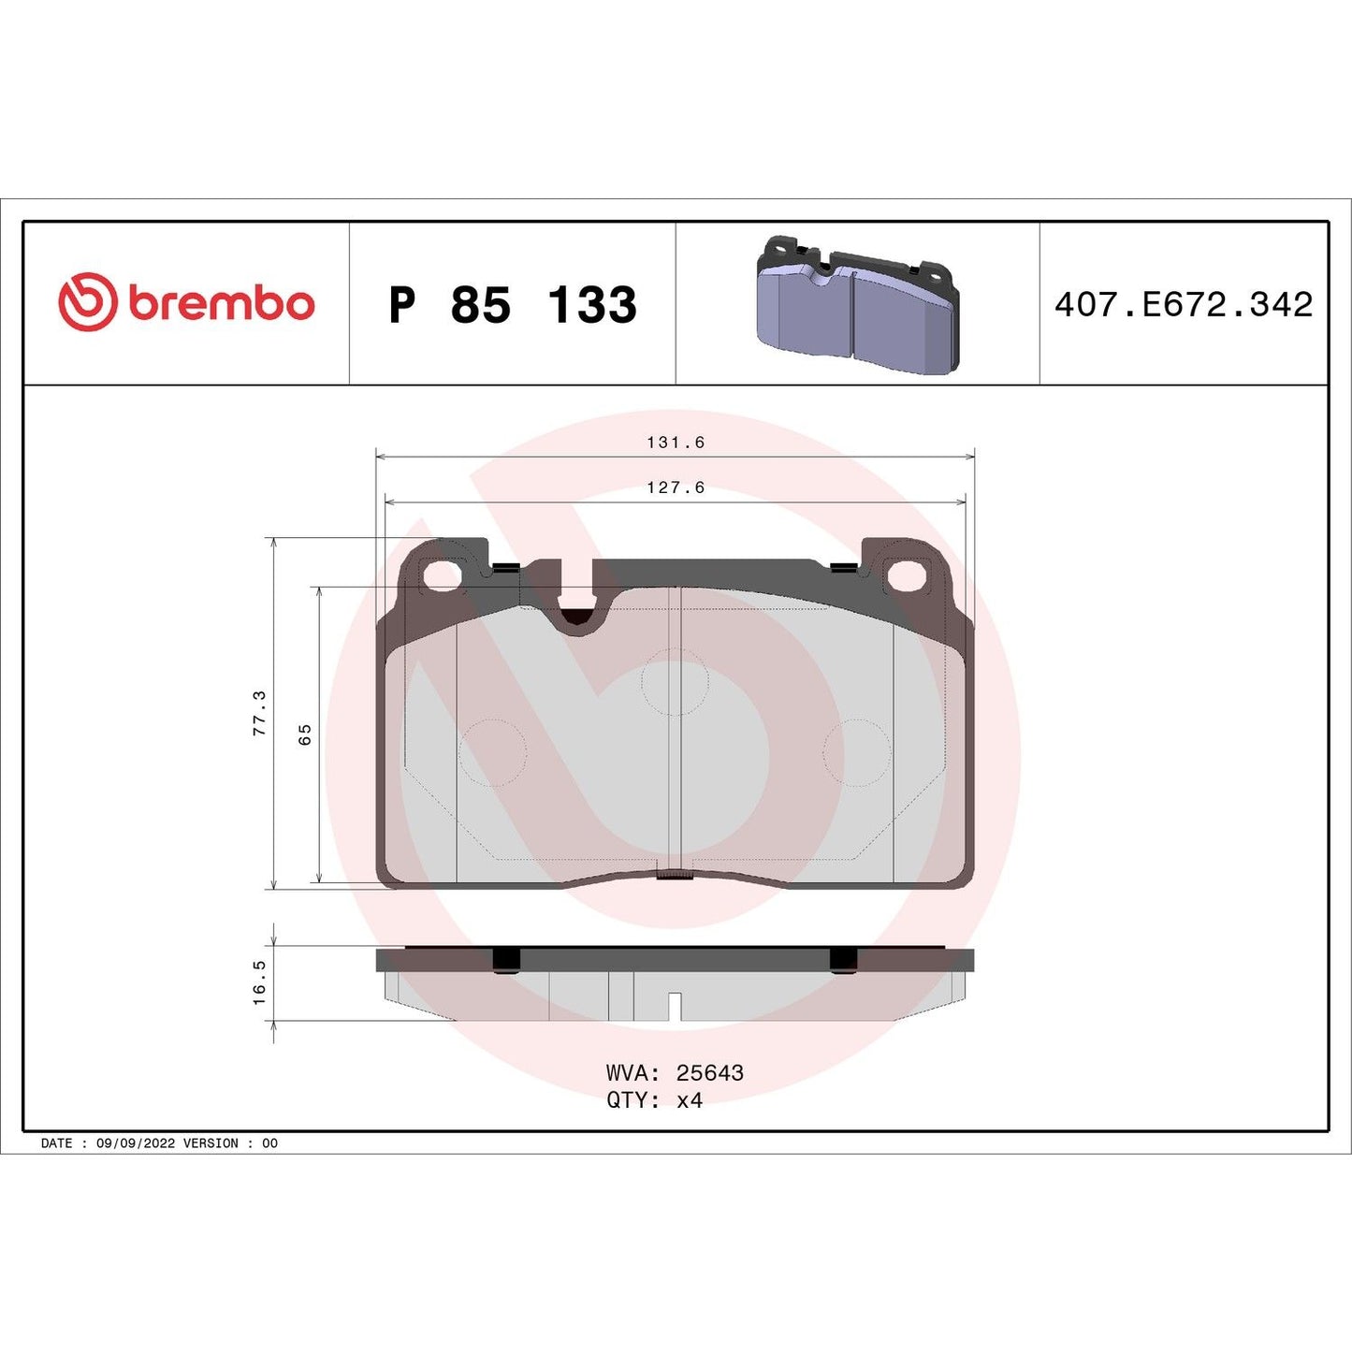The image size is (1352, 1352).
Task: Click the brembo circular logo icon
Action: tap(88, 302)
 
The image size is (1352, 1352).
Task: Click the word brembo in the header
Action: tap(221, 304)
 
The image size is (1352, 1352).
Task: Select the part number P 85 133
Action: tap(513, 305)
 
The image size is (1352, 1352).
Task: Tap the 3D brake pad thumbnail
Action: tap(857, 305)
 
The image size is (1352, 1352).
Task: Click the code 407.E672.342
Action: tap(1184, 305)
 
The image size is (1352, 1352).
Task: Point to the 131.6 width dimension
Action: tap(676, 443)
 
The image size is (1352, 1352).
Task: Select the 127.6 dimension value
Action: tap(676, 487)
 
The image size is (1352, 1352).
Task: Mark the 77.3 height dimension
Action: tap(259, 713)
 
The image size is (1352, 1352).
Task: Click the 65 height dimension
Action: tap(304, 734)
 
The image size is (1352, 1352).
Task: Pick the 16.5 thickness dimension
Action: tap(259, 982)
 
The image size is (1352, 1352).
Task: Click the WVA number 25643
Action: tap(709, 1073)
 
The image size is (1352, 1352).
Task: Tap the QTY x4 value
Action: tap(689, 1100)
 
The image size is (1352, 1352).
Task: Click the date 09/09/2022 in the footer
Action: tap(136, 1143)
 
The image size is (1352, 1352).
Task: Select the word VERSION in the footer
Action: tap(211, 1143)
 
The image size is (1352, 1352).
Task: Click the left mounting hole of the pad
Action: tap(442, 576)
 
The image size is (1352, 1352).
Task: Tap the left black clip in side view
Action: tap(505, 960)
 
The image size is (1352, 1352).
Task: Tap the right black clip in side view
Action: tap(842, 960)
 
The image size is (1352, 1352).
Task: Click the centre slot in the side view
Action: tap(674, 1007)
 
